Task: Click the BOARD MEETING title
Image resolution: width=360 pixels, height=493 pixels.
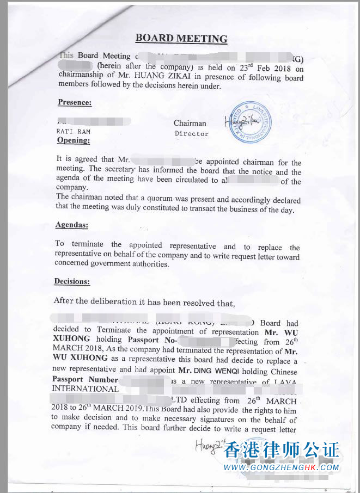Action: tap(181, 39)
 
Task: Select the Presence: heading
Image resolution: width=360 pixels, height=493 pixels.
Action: tap(75, 102)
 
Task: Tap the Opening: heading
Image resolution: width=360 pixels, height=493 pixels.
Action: tap(74, 140)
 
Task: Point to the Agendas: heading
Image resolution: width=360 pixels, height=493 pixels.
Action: tap(72, 225)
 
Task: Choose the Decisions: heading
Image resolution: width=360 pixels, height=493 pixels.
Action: tap(72, 281)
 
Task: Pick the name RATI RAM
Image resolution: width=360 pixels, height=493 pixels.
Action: tap(72, 131)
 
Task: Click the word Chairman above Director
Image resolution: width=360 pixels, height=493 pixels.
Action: tap(190, 123)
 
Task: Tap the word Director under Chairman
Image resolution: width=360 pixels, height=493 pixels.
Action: tap(192, 133)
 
